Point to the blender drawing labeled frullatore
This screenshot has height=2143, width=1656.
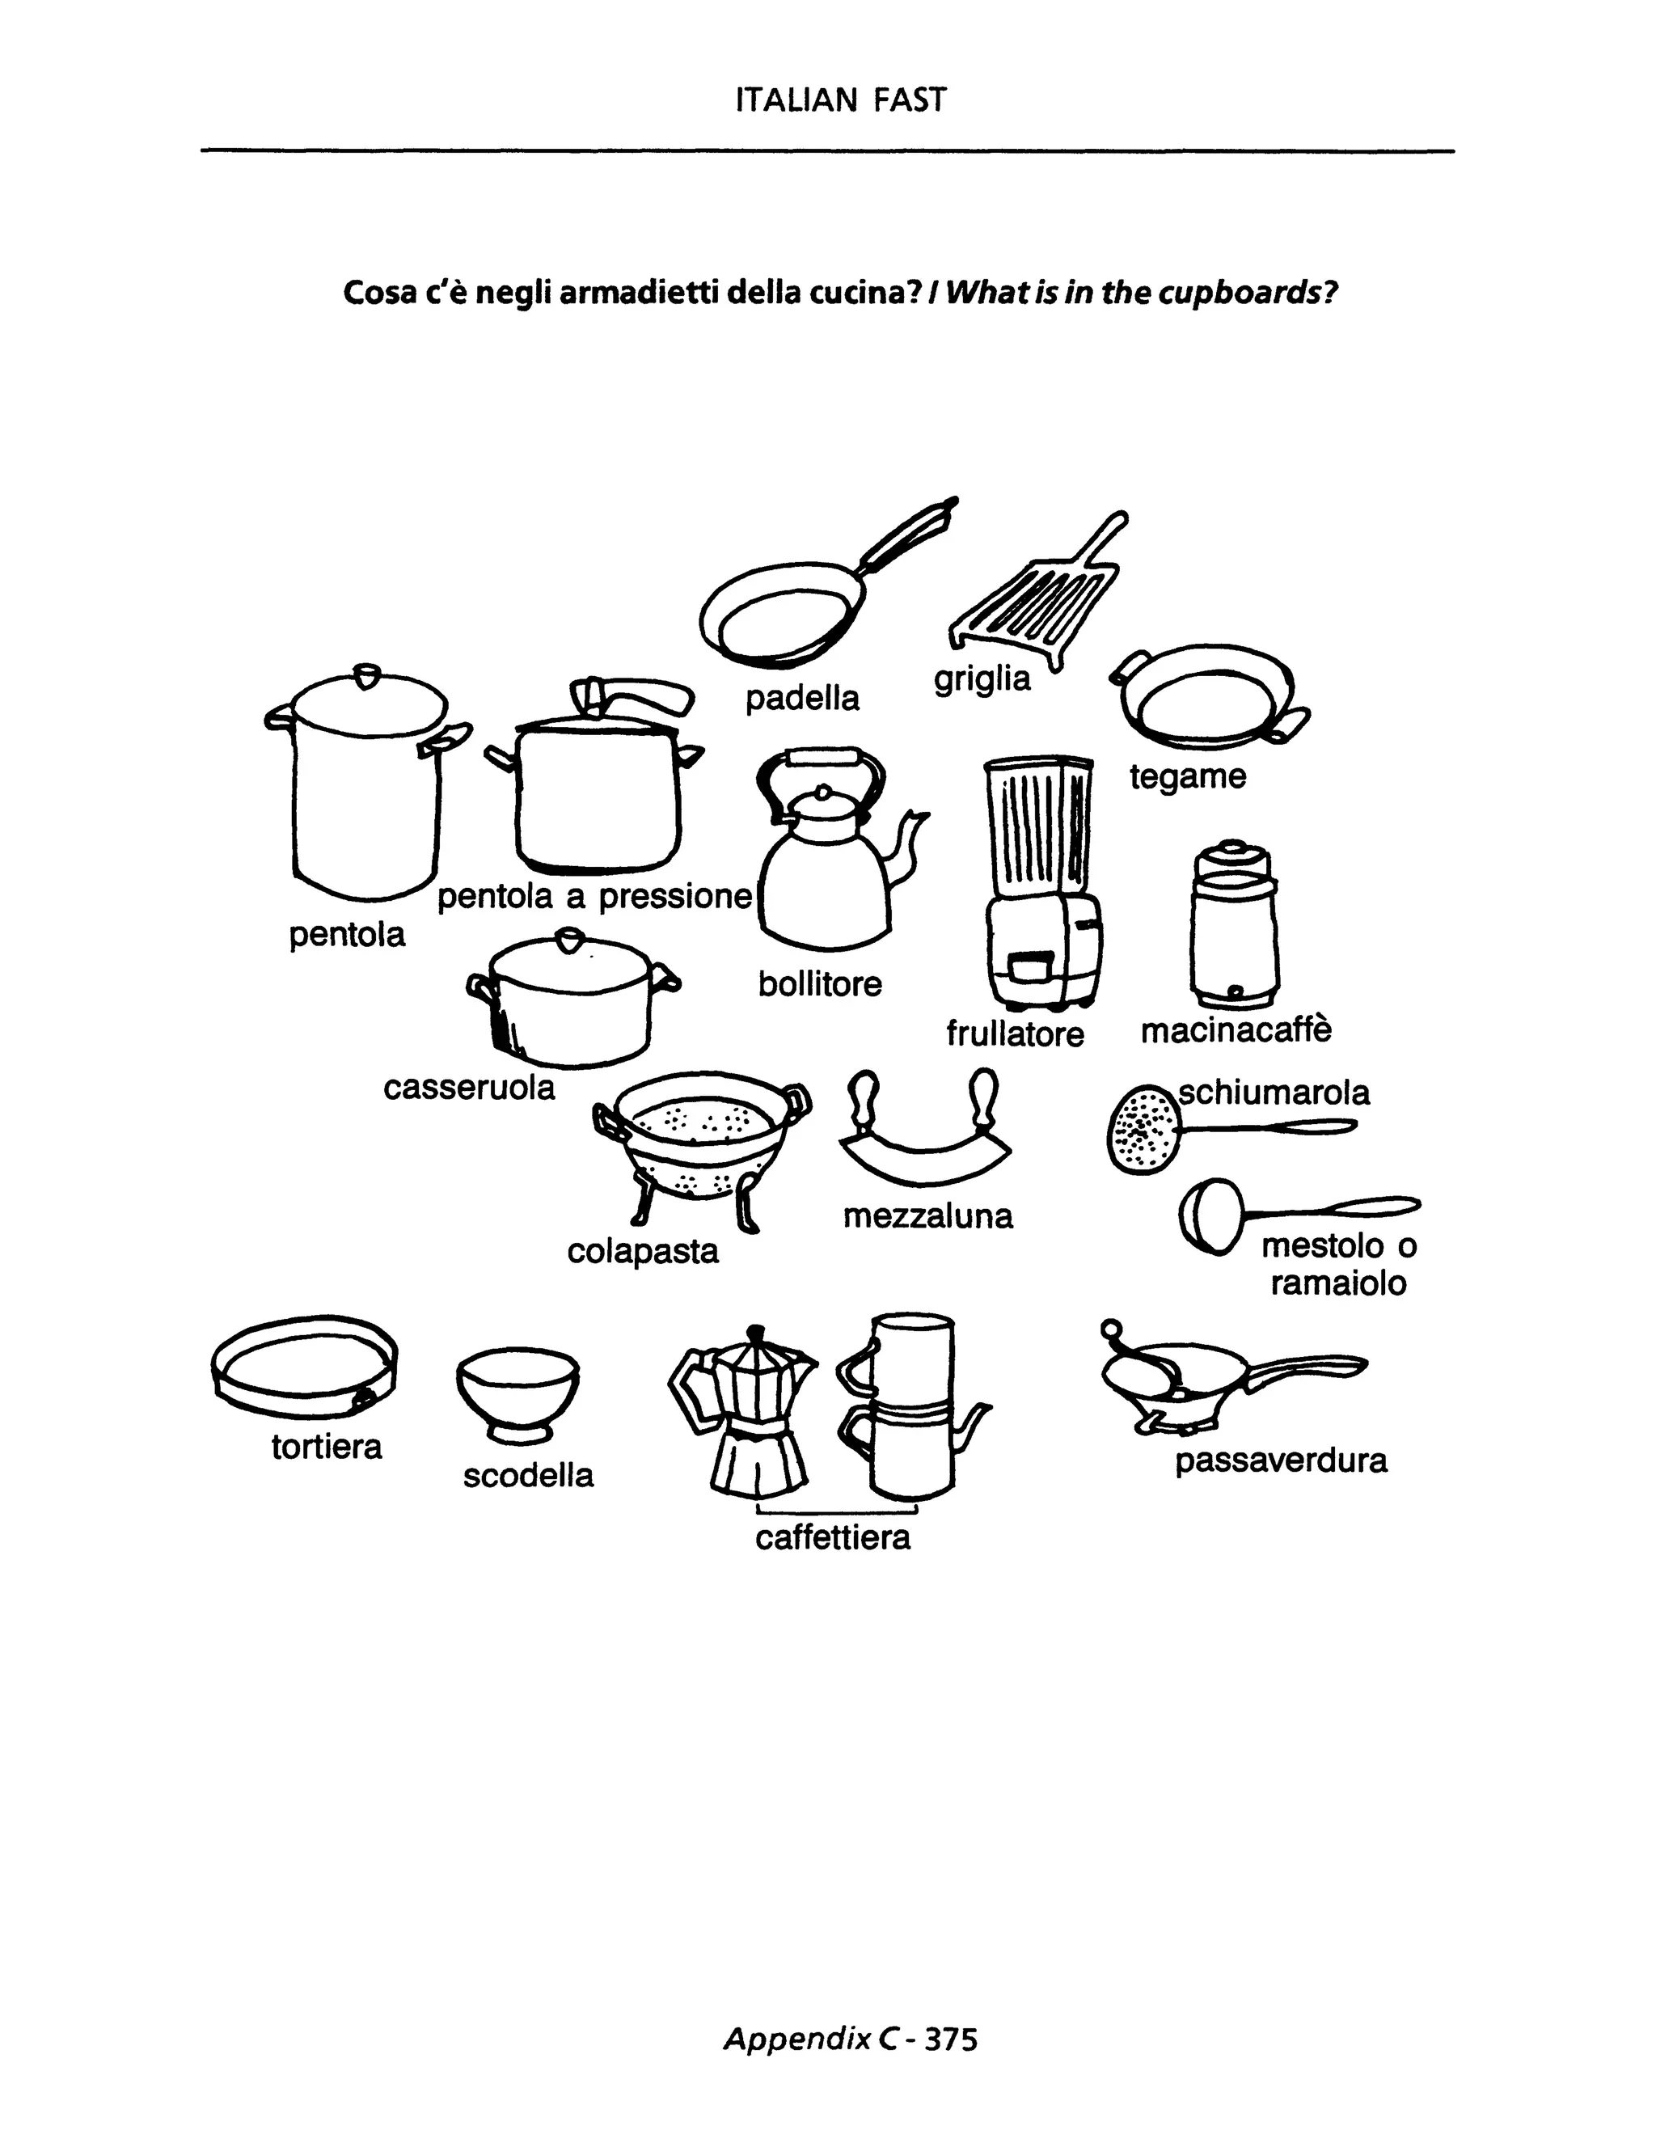coord(1041,883)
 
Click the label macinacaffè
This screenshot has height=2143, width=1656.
coord(1236,1030)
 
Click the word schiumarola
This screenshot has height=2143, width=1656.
coord(1274,1092)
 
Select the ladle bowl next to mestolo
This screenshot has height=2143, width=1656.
coord(1209,1217)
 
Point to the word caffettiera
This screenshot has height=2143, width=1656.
coord(832,1536)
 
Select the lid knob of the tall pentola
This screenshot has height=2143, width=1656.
coord(366,676)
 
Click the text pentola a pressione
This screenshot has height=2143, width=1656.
coord(594,896)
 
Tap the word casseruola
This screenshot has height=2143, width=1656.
coord(469,1087)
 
